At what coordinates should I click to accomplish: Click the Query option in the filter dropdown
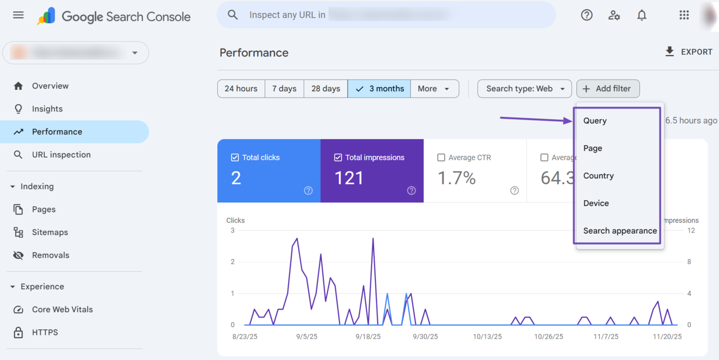(595, 121)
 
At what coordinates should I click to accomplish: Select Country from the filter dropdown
(598, 176)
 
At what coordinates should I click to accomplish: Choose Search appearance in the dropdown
(620, 231)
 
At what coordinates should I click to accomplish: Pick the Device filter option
(596, 203)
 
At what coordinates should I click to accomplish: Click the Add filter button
(608, 89)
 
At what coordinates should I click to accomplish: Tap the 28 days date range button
(326, 89)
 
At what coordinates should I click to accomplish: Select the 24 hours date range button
(241, 89)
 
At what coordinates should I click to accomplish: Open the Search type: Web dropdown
(524, 89)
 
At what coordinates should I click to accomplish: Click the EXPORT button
(689, 52)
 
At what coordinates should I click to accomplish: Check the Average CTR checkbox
(441, 158)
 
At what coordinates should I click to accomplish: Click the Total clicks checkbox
(235, 158)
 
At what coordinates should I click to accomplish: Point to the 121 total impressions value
(349, 178)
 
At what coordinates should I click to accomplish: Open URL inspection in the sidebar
(61, 155)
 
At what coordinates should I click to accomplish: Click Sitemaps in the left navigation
(50, 232)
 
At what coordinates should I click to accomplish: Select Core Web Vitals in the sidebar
(62, 309)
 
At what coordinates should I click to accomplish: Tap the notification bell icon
(641, 15)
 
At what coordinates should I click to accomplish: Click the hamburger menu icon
(18, 15)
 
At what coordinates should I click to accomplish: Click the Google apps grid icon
(684, 15)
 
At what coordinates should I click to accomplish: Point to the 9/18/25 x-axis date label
(368, 336)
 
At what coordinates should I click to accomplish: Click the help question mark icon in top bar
(586, 15)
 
